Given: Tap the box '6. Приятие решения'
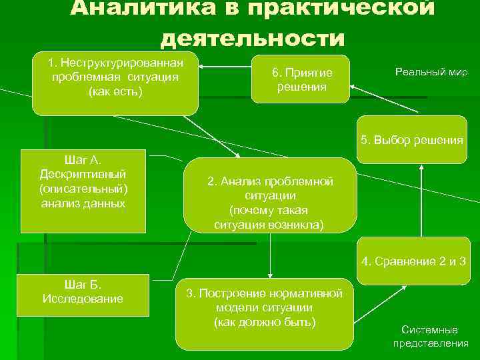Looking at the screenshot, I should tap(301, 79).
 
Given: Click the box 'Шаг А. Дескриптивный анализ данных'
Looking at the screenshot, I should tap(83, 191).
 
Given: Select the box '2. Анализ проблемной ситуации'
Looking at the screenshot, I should tap(270, 195).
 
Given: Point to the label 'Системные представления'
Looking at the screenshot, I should tap(429, 337).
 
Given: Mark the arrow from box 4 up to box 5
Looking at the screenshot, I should tap(421, 200).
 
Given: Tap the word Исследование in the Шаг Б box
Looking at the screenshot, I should tap(83, 298).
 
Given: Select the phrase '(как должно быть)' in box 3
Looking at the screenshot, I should tap(265, 323).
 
